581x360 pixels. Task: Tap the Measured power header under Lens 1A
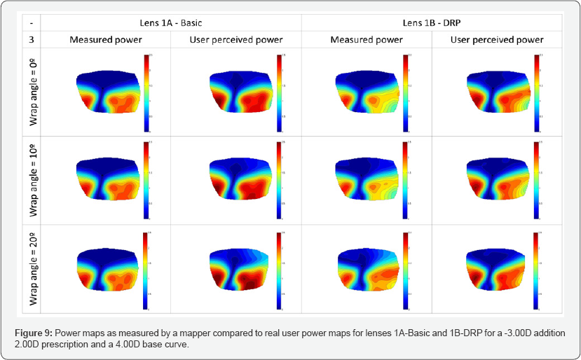click(x=105, y=39)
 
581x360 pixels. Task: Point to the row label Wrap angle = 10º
click(x=34, y=180)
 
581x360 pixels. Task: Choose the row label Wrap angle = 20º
click(x=34, y=268)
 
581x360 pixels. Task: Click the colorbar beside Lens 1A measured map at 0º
click(x=146, y=92)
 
